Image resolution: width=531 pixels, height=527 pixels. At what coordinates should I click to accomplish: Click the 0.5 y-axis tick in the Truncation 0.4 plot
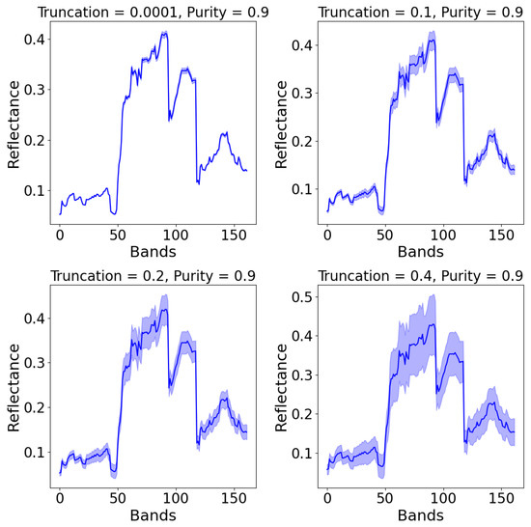[x=302, y=296]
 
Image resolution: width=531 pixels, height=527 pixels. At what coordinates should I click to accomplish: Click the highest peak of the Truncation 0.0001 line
[x=164, y=33]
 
